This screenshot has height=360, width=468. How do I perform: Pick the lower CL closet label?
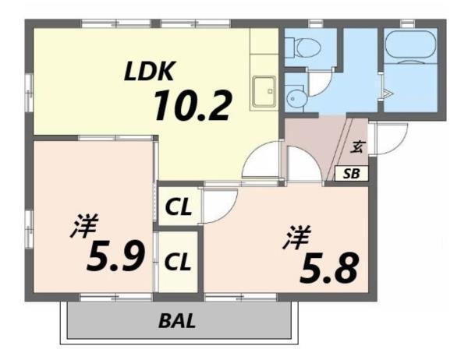(179, 259)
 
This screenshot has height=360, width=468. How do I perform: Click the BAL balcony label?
(177, 320)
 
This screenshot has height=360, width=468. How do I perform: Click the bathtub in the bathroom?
(410, 47)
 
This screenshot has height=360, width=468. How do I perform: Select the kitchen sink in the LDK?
(263, 94)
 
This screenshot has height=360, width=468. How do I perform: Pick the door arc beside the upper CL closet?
(214, 205)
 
